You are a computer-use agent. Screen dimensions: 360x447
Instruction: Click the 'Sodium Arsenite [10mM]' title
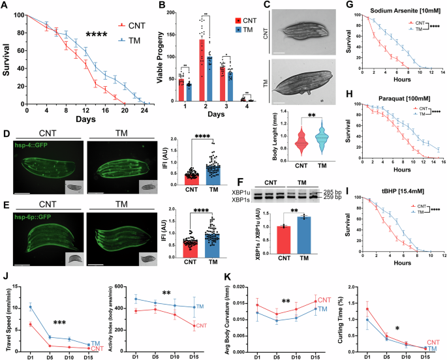(x=389, y=12)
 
